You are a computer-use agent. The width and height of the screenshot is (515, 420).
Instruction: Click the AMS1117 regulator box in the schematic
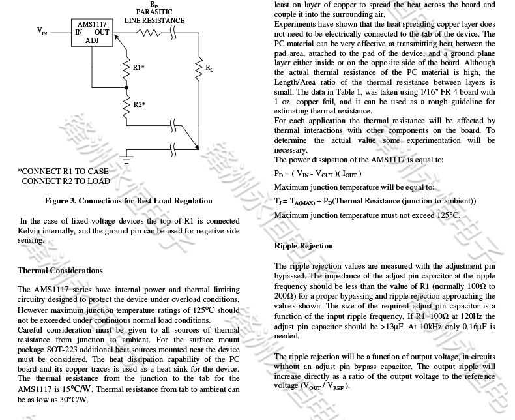click(x=92, y=32)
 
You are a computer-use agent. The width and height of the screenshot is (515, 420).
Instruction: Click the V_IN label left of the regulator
click(x=42, y=31)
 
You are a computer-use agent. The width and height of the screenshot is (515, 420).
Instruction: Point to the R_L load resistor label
click(x=209, y=67)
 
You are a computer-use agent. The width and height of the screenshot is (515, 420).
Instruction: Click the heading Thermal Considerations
click(x=60, y=270)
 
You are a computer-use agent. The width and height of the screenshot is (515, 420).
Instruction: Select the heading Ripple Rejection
click(x=304, y=246)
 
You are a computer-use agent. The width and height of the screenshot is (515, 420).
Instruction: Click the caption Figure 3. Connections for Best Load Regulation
click(x=128, y=201)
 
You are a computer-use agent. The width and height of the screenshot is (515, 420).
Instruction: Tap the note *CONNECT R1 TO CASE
click(x=63, y=171)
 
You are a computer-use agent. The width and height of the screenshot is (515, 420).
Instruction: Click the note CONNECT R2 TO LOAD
click(x=65, y=181)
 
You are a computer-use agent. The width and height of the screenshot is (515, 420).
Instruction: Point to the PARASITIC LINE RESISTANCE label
click(x=154, y=16)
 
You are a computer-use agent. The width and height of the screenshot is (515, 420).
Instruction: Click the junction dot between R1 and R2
click(x=126, y=87)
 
